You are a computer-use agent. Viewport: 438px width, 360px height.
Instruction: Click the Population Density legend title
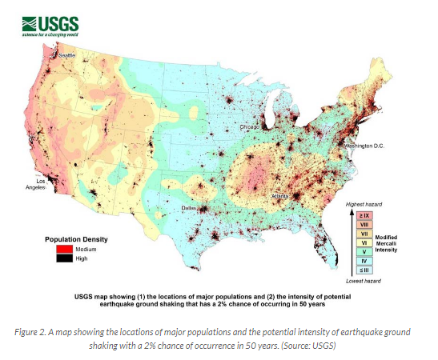[76, 238]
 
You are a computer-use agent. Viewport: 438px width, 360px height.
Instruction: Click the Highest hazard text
[363, 206]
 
